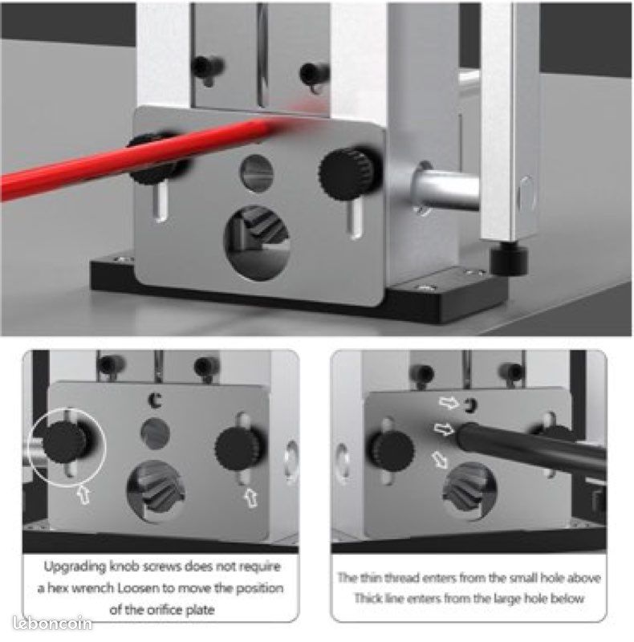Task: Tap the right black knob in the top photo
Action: coord(349,174)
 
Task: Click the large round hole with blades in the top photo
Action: coord(257,243)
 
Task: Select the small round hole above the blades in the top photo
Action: coord(256,173)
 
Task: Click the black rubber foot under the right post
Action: coord(509,259)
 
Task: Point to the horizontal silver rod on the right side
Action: coord(445,189)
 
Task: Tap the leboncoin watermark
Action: coord(52,623)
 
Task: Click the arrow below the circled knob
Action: coord(83,494)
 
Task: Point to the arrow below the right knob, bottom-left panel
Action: coord(251,498)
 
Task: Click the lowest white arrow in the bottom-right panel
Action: coord(441,459)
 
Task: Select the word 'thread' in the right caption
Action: coord(402,578)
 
